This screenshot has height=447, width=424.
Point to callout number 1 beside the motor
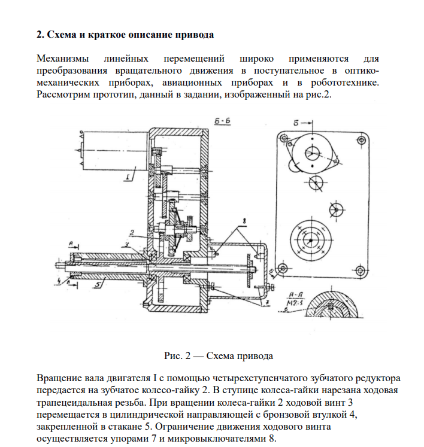coord(128,177)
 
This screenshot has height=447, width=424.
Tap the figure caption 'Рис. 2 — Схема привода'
coord(218,355)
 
